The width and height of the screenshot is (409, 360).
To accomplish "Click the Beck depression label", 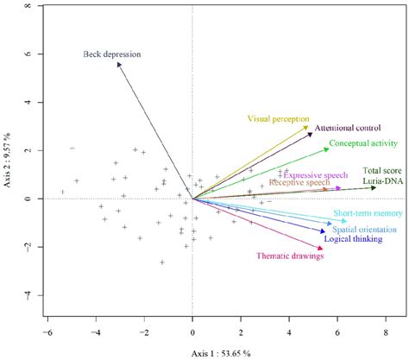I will (111, 54).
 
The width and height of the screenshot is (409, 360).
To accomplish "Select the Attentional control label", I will (348, 127).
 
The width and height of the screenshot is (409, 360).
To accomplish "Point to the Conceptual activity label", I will (362, 143).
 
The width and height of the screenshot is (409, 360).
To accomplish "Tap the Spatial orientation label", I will (363, 230).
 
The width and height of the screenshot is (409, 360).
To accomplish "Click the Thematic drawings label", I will (289, 256).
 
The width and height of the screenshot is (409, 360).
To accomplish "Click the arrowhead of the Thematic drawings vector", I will (323, 249).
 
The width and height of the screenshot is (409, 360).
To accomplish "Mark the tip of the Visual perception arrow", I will (310, 126).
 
